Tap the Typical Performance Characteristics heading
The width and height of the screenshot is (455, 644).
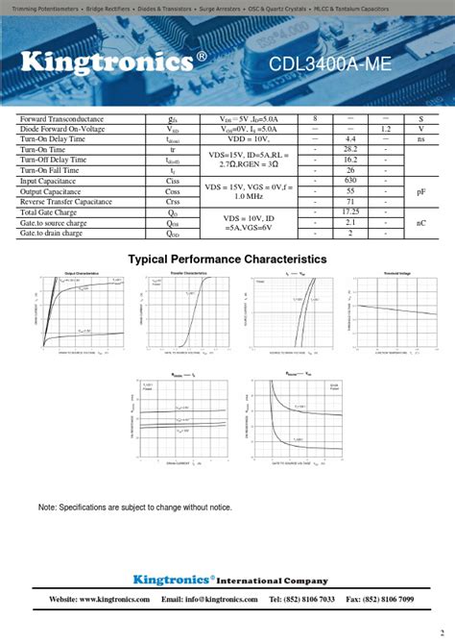click(x=227, y=260)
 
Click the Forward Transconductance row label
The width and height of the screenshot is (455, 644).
click(x=61, y=118)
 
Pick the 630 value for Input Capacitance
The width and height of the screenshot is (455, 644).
click(x=350, y=181)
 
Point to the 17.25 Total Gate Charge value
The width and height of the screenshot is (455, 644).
click(x=350, y=211)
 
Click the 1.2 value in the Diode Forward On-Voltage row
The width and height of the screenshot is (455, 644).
click(x=386, y=129)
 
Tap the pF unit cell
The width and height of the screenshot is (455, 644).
click(x=420, y=191)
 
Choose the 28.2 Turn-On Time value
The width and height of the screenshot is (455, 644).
click(x=350, y=150)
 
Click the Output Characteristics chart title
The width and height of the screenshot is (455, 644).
click(x=82, y=274)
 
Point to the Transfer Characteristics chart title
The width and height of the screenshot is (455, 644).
click(x=188, y=274)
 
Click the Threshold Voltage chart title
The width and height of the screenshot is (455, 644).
click(x=397, y=274)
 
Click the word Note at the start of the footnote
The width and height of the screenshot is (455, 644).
click(x=47, y=507)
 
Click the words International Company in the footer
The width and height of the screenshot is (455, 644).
click(x=274, y=581)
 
